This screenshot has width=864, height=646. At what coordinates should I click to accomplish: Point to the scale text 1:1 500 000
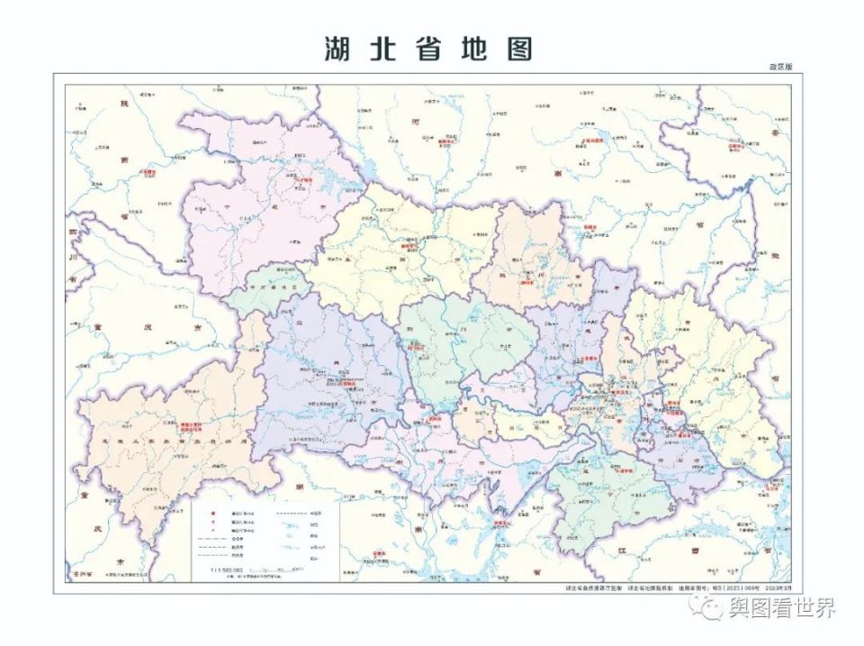pos(229,570)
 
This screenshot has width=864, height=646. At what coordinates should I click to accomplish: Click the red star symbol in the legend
pos(212,511)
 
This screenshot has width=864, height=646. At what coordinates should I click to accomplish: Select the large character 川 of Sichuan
pos(71,256)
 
